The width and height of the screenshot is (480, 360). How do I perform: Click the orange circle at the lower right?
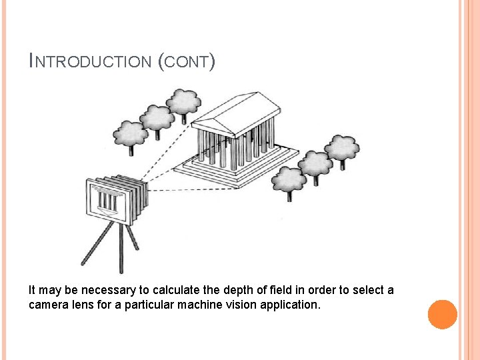(443, 315)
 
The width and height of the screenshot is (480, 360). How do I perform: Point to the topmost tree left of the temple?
(183, 101)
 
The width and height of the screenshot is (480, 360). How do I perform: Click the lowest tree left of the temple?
(131, 133)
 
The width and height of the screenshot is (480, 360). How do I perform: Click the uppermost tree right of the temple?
(342, 148)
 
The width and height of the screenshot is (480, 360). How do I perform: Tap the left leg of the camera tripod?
(93, 245)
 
